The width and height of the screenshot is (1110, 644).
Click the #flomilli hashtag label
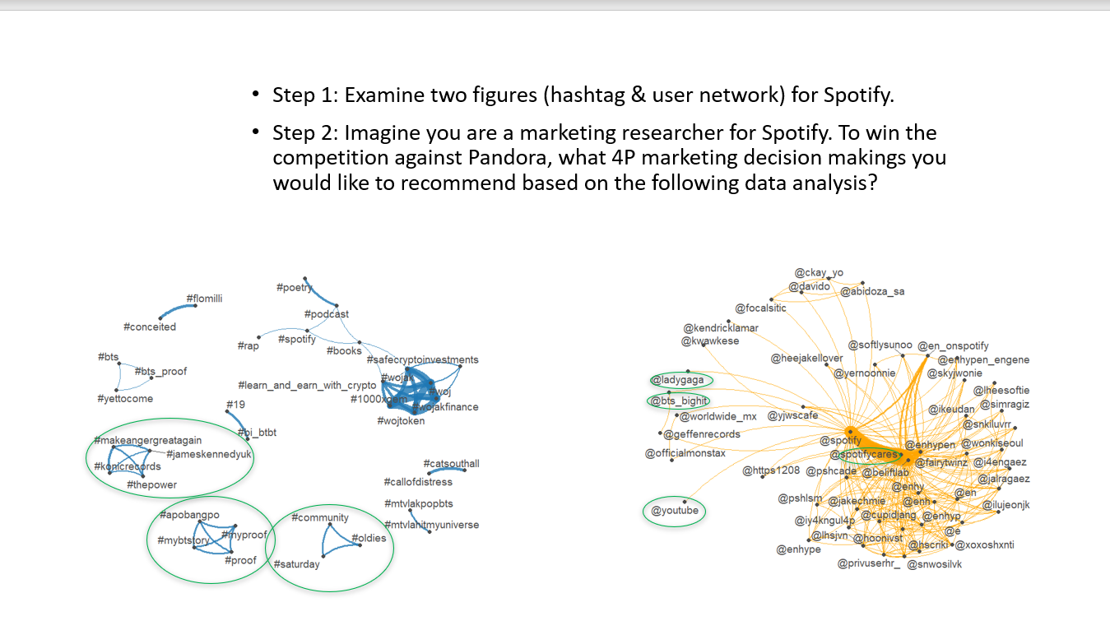coord(204,299)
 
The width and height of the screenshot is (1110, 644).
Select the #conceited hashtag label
coord(150,327)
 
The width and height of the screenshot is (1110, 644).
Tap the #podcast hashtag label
coord(326,314)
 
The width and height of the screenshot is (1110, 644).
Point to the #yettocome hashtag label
coord(125,399)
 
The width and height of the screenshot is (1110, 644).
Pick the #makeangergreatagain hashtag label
coord(147,441)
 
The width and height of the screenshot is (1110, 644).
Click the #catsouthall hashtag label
coord(451,464)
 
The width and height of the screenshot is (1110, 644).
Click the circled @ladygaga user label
coord(677,380)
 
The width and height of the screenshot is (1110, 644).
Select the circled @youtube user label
coord(675,511)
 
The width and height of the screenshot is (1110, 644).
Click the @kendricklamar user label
coord(721,327)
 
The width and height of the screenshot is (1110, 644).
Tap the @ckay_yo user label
coord(819,273)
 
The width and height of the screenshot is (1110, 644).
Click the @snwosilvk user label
coord(934,564)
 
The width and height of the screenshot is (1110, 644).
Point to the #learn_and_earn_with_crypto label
coord(307,386)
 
